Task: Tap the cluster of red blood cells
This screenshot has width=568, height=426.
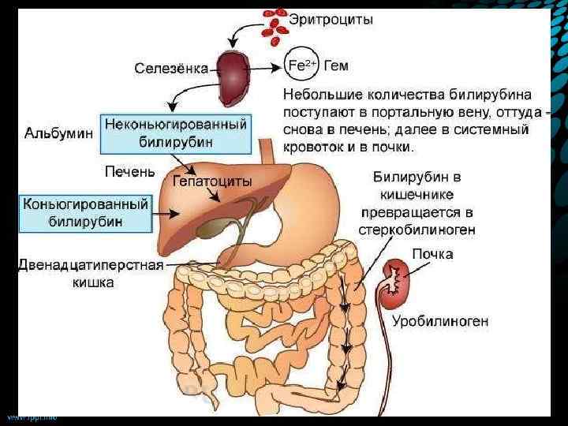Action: pyautogui.click(x=278, y=24)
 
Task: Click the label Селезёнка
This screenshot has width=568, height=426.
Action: pyautogui.click(x=170, y=69)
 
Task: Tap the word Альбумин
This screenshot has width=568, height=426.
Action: pyautogui.click(x=58, y=133)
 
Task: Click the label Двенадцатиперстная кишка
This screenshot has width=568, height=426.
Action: pyautogui.click(x=90, y=273)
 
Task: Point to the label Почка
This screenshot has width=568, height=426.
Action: pyautogui.click(x=432, y=254)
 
